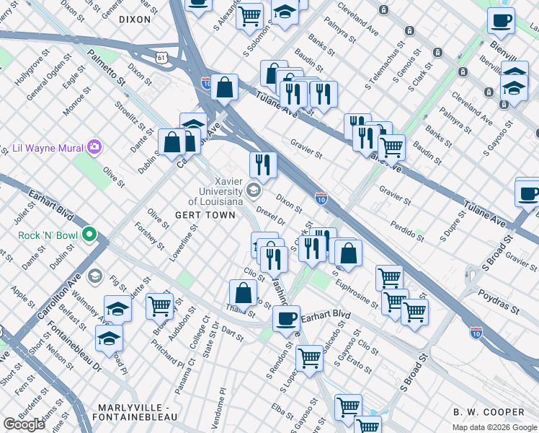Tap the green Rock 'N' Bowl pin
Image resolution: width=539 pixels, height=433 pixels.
90,235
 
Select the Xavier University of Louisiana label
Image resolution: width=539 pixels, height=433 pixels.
218,191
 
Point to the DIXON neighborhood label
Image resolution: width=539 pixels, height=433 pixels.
134,19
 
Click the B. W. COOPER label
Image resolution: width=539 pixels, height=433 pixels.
489,412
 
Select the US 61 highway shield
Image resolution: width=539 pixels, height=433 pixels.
162,57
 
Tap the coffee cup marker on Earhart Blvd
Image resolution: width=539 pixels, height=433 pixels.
286,318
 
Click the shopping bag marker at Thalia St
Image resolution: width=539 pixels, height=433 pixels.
243,293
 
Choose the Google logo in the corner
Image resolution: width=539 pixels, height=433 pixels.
24,424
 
